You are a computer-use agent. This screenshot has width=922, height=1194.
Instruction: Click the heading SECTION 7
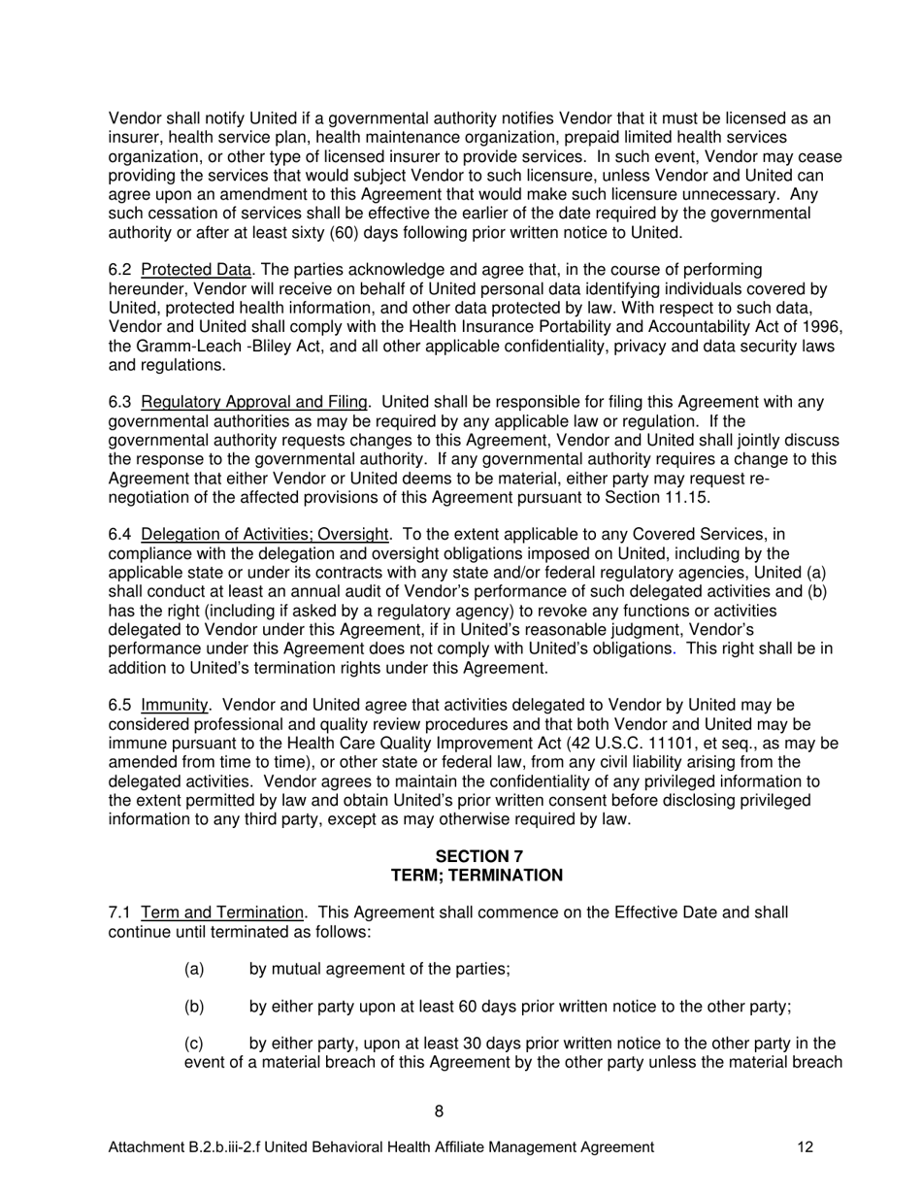(x=477, y=856)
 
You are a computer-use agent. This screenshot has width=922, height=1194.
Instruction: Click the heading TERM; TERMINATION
(x=477, y=876)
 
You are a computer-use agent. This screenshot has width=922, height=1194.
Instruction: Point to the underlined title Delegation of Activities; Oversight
(x=265, y=535)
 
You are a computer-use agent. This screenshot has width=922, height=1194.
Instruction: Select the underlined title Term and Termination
(x=222, y=913)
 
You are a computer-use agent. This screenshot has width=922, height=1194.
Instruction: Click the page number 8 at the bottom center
(x=440, y=1111)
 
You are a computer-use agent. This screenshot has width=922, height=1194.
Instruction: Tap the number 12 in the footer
(x=805, y=1147)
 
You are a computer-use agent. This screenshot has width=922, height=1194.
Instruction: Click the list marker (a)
(x=194, y=970)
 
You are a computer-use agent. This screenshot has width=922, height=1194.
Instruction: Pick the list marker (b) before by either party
(x=194, y=1008)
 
